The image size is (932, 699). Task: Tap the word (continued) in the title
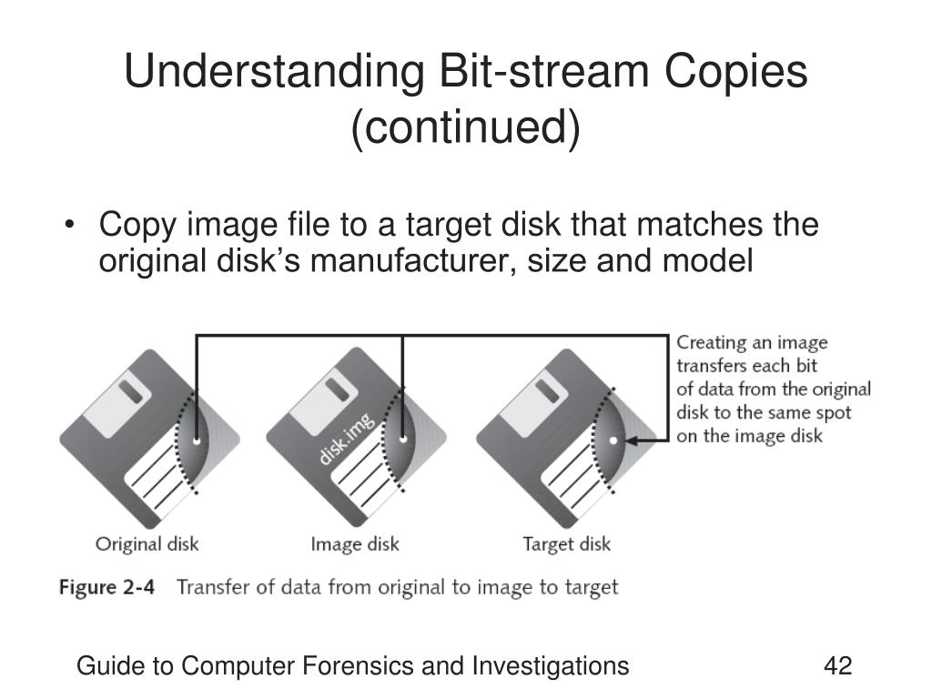465,127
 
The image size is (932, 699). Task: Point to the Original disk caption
147,545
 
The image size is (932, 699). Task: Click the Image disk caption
355,545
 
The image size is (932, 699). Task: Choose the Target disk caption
566,545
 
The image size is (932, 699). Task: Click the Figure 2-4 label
106,587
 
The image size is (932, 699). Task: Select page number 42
837,666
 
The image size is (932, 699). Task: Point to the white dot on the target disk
613,441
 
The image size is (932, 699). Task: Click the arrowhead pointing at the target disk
629,441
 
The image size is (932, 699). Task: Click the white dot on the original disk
197,441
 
